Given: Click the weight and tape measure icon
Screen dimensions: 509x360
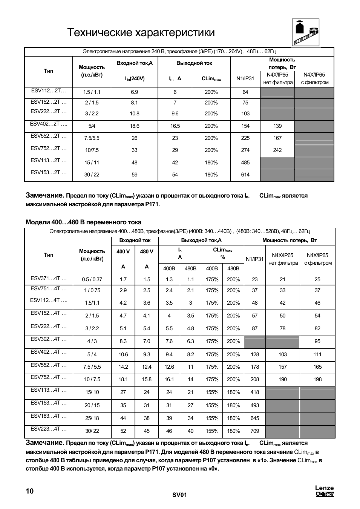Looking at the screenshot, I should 306,32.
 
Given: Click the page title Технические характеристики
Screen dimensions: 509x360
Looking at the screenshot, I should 141,33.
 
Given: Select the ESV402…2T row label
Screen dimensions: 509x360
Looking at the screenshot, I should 49,124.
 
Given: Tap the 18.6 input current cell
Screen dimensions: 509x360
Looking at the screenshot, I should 134,126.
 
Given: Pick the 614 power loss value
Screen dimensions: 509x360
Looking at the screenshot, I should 245,175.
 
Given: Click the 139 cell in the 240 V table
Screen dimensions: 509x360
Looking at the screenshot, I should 277,126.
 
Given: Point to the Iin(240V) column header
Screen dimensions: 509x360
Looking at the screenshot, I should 135,79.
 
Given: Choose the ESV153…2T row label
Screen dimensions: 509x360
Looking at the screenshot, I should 49,173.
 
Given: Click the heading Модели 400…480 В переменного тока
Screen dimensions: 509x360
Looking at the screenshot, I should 83,222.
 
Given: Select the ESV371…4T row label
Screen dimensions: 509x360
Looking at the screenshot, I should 49,279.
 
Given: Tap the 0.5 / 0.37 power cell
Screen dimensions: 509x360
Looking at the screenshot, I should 92,280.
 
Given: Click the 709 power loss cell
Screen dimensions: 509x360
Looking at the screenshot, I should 255,431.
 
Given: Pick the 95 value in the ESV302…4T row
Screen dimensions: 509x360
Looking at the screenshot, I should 317,342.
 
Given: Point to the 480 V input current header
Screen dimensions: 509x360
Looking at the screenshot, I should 147,252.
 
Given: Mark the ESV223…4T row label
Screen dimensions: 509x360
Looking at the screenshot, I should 49,429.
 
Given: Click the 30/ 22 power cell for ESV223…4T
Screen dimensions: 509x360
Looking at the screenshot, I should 92,431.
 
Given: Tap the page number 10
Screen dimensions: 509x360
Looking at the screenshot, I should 29,491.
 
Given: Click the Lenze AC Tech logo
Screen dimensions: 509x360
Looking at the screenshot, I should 325,491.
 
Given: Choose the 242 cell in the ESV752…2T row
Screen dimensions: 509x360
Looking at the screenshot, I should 277,150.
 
